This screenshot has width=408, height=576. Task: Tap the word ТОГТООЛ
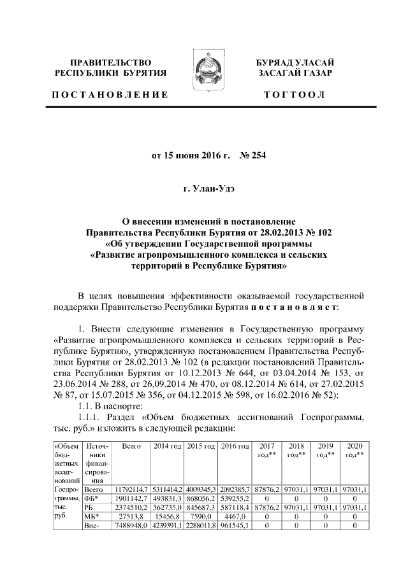point(294,95)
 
